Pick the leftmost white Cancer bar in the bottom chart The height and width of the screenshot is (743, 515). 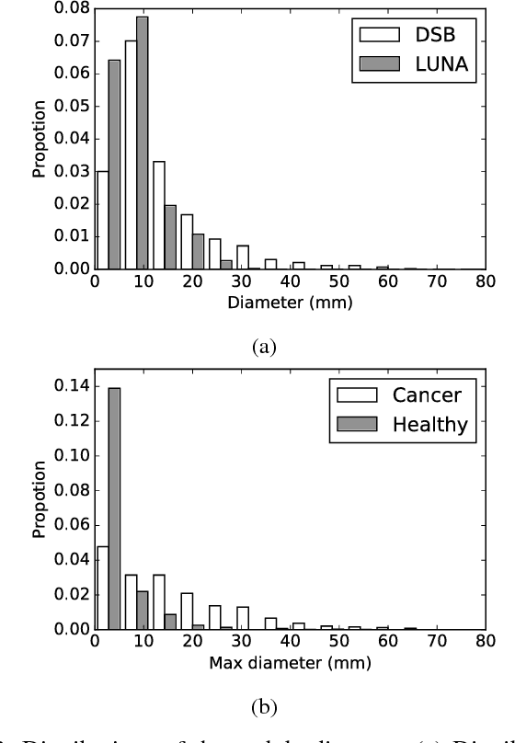[101, 589]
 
